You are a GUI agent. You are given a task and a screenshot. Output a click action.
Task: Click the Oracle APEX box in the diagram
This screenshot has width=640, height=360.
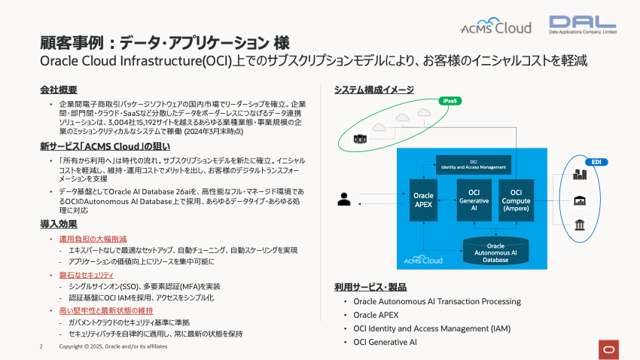(x=424, y=200)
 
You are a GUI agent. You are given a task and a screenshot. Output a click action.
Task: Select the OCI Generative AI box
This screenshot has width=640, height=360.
(x=474, y=200)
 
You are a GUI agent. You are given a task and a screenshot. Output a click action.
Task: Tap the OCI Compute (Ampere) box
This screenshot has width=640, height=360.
(x=516, y=200)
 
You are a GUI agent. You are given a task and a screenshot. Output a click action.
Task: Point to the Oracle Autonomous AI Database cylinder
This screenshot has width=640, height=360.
(x=495, y=252)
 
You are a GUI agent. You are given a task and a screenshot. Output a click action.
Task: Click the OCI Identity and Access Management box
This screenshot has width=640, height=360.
(x=474, y=164)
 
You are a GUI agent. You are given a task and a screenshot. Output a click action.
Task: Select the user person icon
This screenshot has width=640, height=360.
(x=345, y=200)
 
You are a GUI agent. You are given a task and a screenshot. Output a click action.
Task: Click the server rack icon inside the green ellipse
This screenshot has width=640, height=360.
(x=360, y=139)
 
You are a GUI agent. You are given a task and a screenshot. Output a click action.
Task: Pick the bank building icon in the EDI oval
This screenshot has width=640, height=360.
(x=581, y=225)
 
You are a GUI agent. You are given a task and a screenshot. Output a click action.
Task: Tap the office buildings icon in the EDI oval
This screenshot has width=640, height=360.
(x=581, y=175)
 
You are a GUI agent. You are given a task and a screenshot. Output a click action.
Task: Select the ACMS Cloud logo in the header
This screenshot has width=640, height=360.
(x=496, y=28)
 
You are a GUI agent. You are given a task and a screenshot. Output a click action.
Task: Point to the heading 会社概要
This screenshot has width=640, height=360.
(x=59, y=90)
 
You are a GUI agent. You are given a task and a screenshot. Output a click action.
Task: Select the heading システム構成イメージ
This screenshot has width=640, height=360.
(x=373, y=90)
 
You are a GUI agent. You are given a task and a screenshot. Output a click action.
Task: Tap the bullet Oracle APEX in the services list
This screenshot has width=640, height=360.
(x=376, y=315)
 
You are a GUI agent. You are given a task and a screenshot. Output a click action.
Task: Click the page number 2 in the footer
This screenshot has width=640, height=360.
(x=41, y=346)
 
